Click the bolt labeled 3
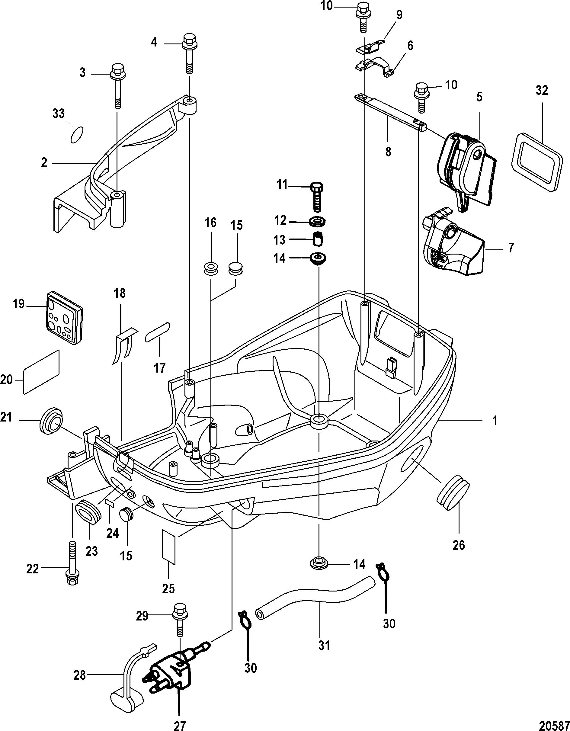click(117, 85)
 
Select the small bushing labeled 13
click(318, 239)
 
